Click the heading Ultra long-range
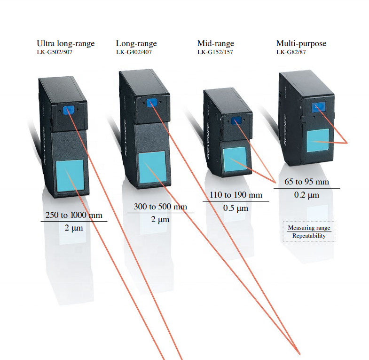[66, 44]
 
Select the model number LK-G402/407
[134, 52]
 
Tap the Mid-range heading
[216, 44]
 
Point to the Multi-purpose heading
[301, 44]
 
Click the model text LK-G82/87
[291, 52]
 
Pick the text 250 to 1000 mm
[74, 215]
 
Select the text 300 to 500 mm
[160, 207]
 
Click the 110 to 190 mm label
[236, 195]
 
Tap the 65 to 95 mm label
[306, 182]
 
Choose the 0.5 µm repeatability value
[236, 208]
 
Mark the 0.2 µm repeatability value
[306, 195]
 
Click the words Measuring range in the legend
[309, 228]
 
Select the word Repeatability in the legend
[309, 236]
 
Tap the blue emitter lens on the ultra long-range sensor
[69, 110]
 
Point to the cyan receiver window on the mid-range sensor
[235, 159]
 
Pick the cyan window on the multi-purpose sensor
[318, 140]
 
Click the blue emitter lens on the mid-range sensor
[237, 121]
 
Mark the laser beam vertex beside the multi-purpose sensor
[347, 143]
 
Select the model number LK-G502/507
[55, 52]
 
